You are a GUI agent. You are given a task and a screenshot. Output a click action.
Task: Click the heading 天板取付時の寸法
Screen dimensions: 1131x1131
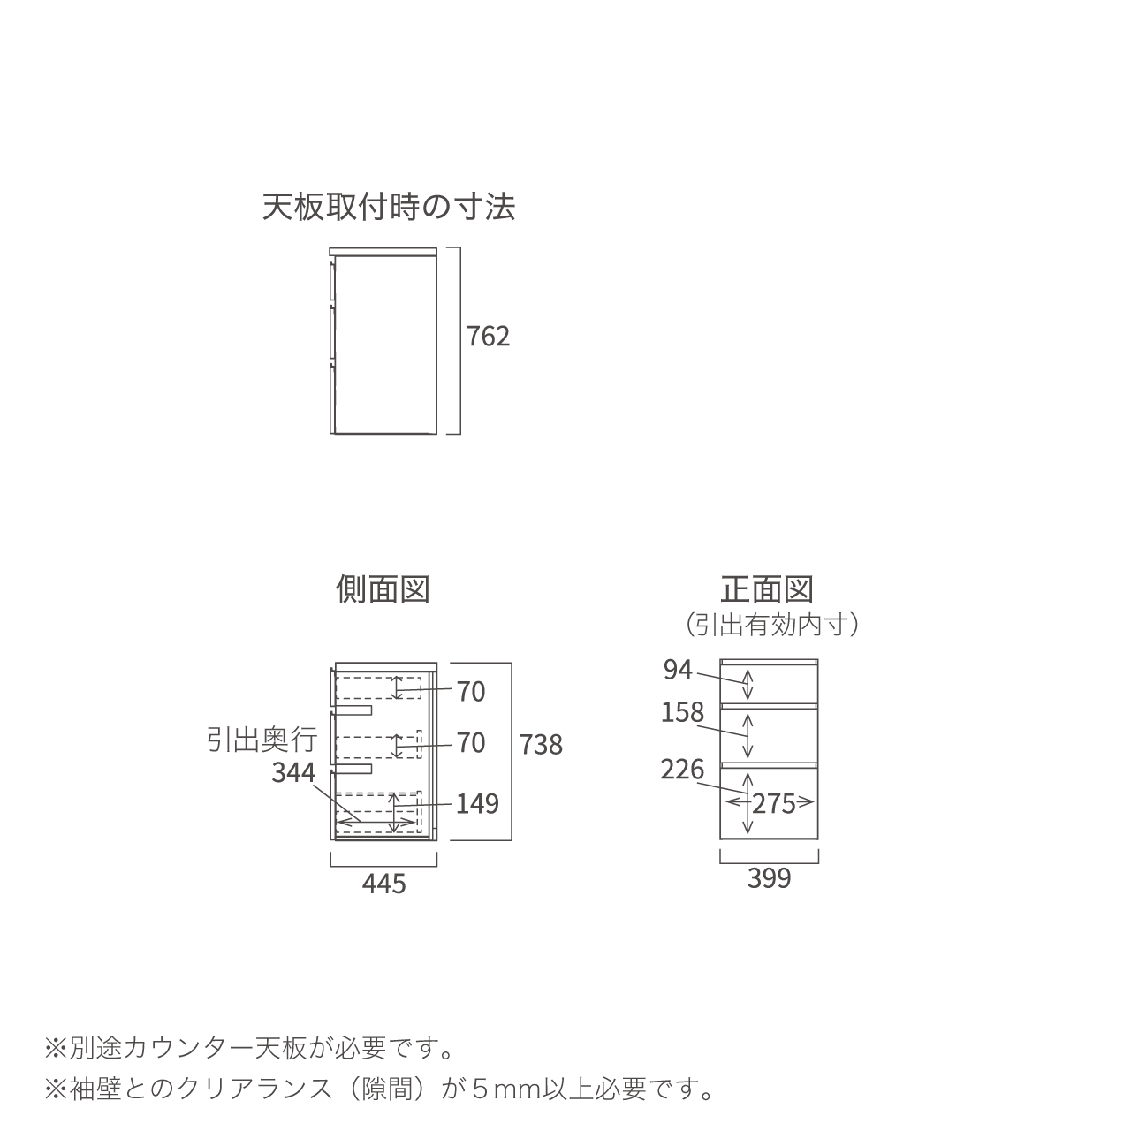pos(389,208)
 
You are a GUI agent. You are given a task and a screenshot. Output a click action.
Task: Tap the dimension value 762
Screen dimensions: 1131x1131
pos(489,337)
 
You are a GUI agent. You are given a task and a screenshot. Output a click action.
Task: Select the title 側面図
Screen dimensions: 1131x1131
pos(383,589)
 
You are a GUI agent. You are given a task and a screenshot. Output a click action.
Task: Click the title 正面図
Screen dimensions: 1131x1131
pos(767,589)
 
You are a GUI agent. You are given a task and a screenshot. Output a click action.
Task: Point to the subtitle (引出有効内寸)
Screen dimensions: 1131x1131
pos(772,626)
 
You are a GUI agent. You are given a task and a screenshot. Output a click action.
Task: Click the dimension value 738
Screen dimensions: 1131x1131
pos(541,745)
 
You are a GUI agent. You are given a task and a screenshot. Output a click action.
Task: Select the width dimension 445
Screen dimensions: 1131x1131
pos(383,883)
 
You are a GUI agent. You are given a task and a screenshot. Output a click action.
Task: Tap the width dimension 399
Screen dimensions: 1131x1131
pos(769,878)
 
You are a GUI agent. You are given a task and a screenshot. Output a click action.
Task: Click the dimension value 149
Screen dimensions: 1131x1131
pos(477,803)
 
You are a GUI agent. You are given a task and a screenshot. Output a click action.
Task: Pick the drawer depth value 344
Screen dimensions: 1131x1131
pos(292,772)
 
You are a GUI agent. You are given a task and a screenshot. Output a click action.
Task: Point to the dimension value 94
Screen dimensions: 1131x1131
pos(678,671)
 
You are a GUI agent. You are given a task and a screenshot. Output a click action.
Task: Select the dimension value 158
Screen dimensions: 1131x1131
pos(682,712)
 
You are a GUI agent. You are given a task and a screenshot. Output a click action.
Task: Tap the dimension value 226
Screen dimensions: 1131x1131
pos(682,770)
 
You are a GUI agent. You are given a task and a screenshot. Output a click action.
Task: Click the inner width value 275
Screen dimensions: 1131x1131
pos(773,803)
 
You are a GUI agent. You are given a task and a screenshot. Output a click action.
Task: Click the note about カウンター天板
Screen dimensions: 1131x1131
pos(250,1049)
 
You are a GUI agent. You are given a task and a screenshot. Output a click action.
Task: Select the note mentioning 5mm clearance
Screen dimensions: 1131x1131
pos(380,1089)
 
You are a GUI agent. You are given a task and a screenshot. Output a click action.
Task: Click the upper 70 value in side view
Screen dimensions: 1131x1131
pos(471,691)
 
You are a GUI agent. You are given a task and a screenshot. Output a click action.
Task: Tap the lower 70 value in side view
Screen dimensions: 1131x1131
pos(471,742)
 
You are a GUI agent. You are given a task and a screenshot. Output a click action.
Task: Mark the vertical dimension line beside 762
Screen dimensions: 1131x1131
pos(460,340)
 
